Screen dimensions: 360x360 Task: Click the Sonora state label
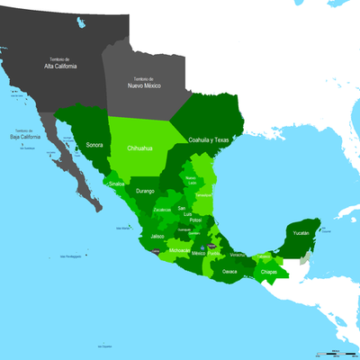coord(94,144)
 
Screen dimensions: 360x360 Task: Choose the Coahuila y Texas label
coord(210,140)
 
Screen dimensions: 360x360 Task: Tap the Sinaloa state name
coord(117,184)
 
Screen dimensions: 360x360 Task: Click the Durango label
coord(145,192)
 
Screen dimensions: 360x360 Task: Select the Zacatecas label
coord(162,209)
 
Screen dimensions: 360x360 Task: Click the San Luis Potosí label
coord(184,215)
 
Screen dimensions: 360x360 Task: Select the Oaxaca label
coord(230,271)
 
